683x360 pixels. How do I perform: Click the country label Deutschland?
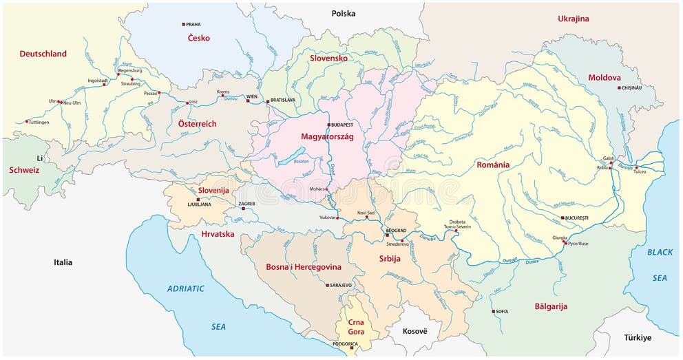pyautogui.click(x=43, y=54)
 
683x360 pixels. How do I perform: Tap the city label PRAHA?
pyautogui.click(x=193, y=24)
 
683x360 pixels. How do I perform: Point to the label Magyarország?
pyautogui.click(x=327, y=137)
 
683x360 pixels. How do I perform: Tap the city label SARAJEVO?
pyautogui.click(x=341, y=285)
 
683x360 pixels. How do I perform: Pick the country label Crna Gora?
pyautogui.click(x=356, y=327)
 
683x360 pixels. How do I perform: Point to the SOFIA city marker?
pyautogui.click(x=493, y=312)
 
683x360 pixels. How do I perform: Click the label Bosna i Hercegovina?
pyautogui.click(x=303, y=266)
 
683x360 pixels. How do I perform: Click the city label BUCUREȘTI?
pyautogui.click(x=577, y=218)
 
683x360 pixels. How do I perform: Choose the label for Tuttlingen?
pyautogui.click(x=38, y=122)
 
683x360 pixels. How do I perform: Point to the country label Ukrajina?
pyautogui.click(x=573, y=19)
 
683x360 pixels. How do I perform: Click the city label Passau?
pyautogui.click(x=150, y=92)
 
